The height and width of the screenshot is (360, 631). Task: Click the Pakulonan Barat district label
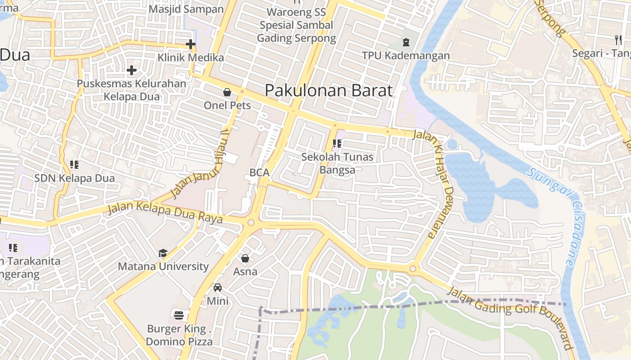point(329,90)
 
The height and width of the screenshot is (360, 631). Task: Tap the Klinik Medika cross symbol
point(191,44)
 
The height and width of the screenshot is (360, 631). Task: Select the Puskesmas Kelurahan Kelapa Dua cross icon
point(131,70)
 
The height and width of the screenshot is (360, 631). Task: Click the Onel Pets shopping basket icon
point(227,92)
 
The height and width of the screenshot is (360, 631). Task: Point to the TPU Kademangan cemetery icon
point(406,43)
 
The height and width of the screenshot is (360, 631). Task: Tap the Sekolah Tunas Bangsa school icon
point(337,144)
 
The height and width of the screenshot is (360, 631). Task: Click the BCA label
point(259,173)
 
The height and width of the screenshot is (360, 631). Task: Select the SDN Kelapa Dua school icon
point(74,165)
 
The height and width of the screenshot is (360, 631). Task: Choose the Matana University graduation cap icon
point(163,253)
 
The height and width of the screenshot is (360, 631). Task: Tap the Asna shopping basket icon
point(245,258)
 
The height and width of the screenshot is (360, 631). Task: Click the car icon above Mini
point(218,288)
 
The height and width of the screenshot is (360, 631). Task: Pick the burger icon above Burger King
point(179,315)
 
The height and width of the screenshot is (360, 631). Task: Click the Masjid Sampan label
point(186,9)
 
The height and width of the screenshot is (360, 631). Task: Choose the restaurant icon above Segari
point(618,40)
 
